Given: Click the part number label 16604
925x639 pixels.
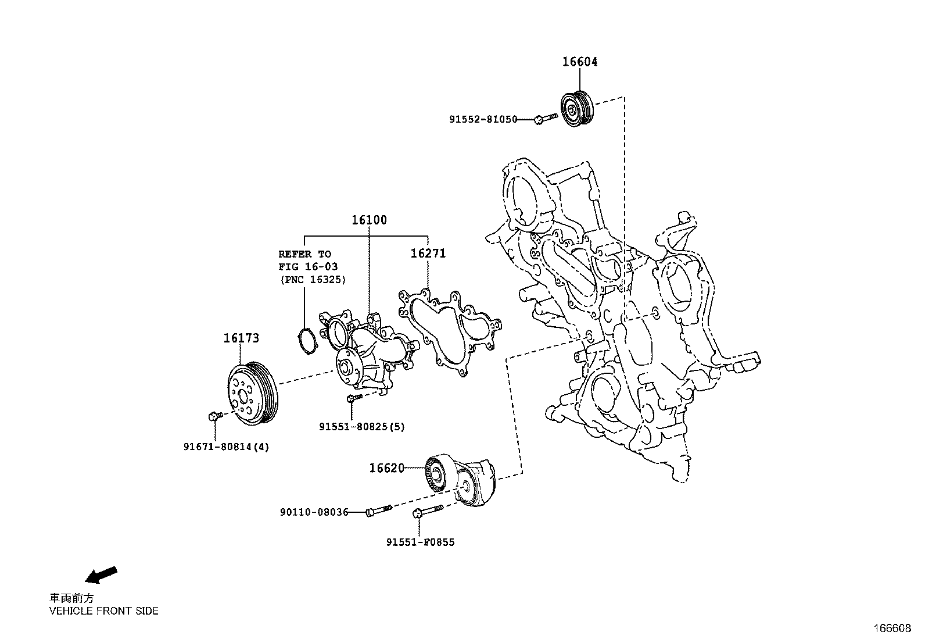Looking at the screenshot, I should pos(579,62).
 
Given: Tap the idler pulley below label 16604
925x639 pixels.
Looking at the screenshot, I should pos(575,109).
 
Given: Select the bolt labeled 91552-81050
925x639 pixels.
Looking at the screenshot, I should pos(545,119).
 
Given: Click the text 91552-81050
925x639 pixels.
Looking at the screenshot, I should pos(483,119).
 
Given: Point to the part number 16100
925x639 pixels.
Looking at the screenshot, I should pos(368,220).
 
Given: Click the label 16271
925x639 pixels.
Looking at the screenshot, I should pos(428,254).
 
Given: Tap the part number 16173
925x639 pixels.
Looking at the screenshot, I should pos(241,338).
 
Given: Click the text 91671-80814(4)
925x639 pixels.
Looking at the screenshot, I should pos(227,447).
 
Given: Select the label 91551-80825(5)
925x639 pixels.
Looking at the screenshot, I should pos(361,427).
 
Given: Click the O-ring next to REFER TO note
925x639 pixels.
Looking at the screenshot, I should pos(306,341).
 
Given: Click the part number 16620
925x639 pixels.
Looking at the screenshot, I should pos(386,467).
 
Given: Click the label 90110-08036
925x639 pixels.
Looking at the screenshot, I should pos(314,512).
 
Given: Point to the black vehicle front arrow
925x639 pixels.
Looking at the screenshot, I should pos(101,574).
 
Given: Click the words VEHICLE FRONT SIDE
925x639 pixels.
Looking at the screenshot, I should pos(103,611).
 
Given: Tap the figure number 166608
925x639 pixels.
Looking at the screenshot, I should pos(893,629).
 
